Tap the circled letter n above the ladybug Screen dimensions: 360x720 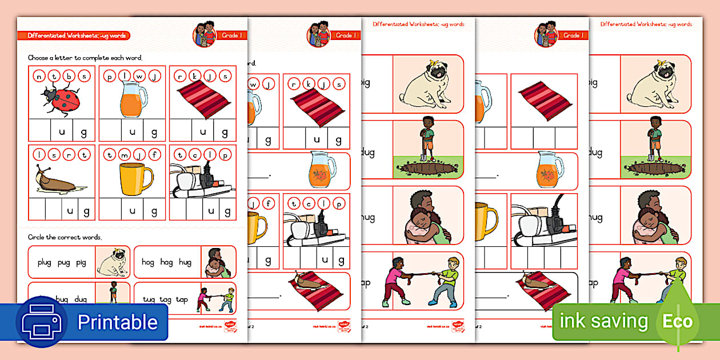click(x=39, y=76)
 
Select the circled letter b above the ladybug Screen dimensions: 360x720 click(x=70, y=76)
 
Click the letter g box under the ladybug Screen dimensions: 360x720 click(x=84, y=132)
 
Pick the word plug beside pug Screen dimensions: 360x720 click(x=45, y=263)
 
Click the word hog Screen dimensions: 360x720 click(x=148, y=262)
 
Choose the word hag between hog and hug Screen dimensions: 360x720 click(x=166, y=262)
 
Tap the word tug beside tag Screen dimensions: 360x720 click(x=149, y=299)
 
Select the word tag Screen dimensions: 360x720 click(x=166, y=299)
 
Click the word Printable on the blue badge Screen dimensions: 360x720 click(x=117, y=322)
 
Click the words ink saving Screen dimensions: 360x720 click(x=603, y=322)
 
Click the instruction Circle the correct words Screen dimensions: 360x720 click(x=65, y=237)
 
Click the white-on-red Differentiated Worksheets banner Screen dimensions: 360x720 click(x=78, y=35)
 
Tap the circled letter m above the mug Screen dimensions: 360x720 click(x=125, y=154)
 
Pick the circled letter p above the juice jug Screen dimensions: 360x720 click(x=110, y=76)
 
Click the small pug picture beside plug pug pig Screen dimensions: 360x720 click(x=112, y=262)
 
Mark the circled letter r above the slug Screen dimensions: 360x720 click(x=70, y=154)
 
